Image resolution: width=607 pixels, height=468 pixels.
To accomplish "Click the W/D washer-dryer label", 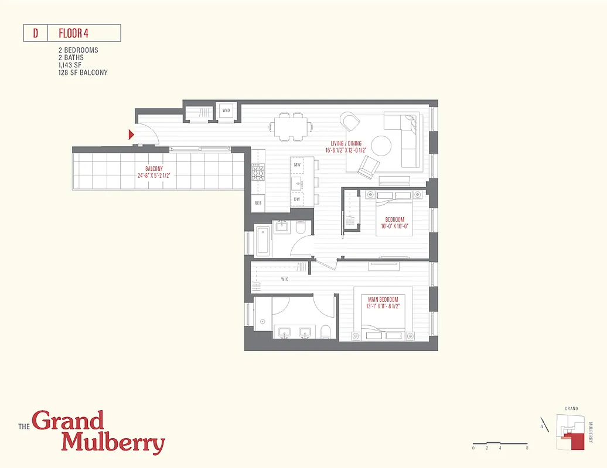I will [226, 111].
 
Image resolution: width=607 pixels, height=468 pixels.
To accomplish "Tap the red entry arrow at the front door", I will [132, 135].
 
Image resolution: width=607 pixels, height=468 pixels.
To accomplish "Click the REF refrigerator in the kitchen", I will [257, 203].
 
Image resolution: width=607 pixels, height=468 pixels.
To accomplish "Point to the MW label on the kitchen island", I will [297, 165].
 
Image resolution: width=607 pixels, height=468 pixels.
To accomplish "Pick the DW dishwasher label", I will [297, 199].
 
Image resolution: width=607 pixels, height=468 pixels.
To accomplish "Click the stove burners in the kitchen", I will [257, 173].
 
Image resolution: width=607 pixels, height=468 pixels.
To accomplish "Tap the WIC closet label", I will [284, 280].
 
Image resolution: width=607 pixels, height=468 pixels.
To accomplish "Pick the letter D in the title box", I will [35, 33].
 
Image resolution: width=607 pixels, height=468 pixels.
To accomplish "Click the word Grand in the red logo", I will [68, 421].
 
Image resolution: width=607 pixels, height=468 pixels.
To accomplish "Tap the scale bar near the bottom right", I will [501, 443].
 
